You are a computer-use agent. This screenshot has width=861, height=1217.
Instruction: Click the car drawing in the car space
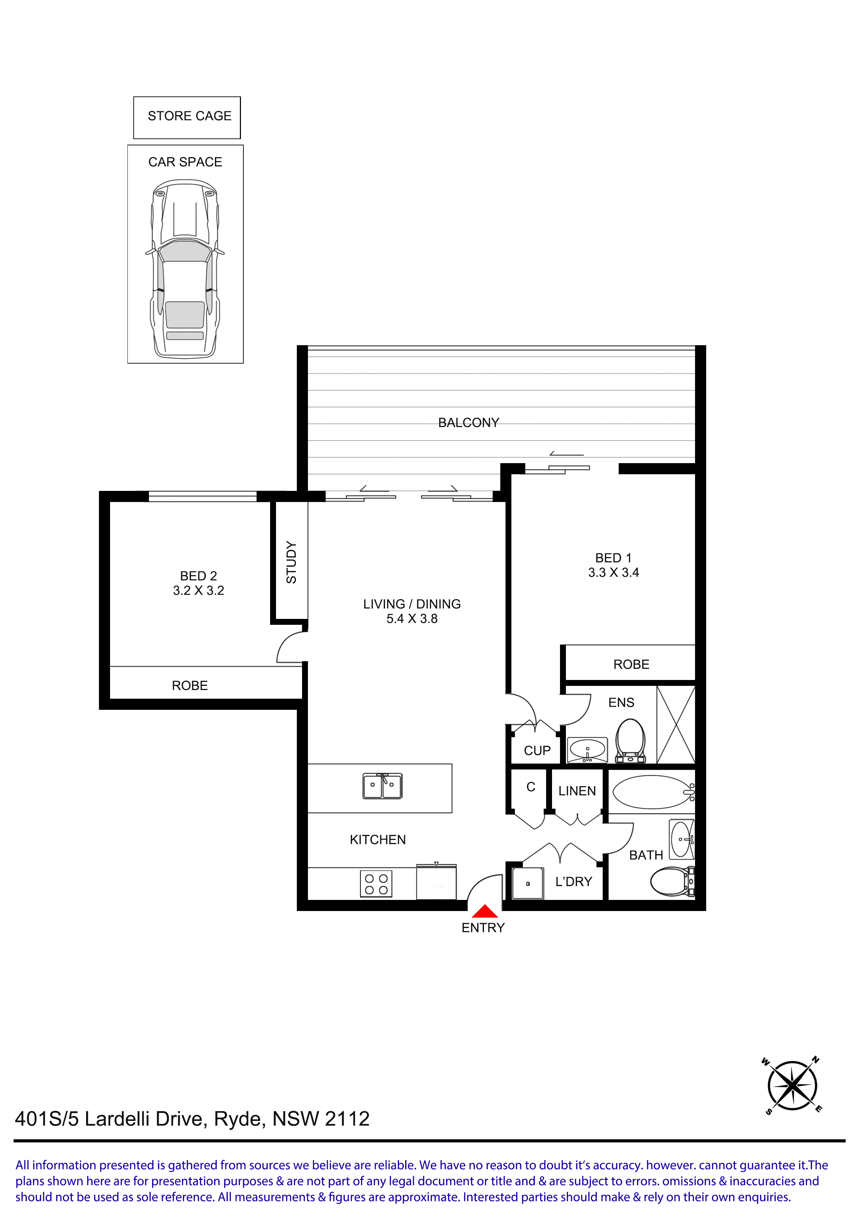(185, 269)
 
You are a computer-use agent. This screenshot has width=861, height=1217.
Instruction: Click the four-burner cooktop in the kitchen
(376, 884)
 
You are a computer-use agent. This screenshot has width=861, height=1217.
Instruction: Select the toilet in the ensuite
(630, 740)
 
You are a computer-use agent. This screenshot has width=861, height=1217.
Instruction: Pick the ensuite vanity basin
(587, 749)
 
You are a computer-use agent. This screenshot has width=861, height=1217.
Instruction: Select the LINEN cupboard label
(577, 791)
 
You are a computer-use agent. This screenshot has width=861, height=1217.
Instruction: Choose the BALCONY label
(468, 423)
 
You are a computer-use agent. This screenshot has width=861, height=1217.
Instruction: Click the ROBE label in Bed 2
(190, 686)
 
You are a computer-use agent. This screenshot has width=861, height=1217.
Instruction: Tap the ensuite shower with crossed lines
(676, 725)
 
